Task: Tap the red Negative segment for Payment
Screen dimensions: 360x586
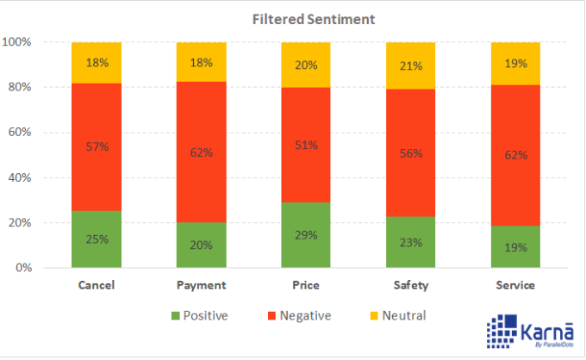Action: pos(201,152)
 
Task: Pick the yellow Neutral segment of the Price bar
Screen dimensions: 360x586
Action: pos(306,65)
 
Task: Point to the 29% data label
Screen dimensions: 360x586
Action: pos(306,234)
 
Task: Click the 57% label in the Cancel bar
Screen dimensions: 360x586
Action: pos(97,147)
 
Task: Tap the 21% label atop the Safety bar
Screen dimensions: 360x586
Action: pos(410,66)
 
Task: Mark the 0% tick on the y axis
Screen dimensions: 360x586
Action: pos(23,269)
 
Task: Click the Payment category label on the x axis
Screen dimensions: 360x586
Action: pos(201,285)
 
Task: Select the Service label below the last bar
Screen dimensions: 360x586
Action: pos(515,285)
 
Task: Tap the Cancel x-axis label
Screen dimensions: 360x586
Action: pos(97,285)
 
